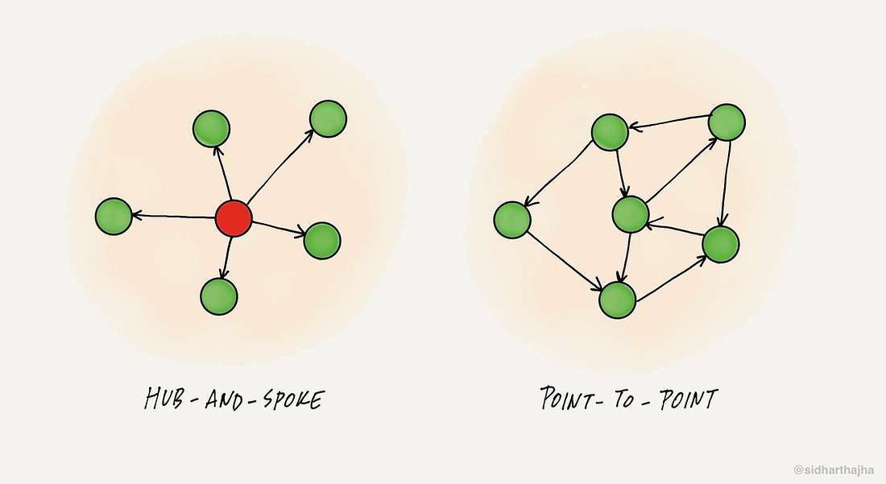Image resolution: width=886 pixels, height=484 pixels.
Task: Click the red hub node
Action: pos(234,218)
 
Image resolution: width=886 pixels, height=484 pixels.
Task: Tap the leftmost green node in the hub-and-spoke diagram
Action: pos(114,217)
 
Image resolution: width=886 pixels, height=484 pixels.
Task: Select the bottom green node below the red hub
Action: pos(218,296)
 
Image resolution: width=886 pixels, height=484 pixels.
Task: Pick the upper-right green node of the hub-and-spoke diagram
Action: pos(329,118)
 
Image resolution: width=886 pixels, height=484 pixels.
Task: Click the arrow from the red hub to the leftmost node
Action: pos(173,216)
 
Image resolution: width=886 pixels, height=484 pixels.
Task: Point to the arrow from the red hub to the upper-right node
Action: pos(280,166)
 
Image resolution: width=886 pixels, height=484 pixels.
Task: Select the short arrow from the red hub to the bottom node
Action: pos(227,258)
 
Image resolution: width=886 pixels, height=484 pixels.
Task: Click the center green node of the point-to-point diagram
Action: pos(630,214)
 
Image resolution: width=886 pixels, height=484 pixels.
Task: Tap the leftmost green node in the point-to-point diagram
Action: pos(512,220)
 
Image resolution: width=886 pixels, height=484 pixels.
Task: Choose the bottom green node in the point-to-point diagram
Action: pos(618,300)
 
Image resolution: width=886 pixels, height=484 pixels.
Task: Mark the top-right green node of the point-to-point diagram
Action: pos(727,122)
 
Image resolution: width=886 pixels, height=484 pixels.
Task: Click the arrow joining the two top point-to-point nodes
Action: pos(669,122)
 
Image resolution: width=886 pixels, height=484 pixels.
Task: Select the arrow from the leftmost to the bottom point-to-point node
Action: pos(565,262)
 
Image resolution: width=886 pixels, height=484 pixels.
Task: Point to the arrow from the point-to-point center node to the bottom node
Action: pos(625,258)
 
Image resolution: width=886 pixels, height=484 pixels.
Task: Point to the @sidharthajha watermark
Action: pos(834,470)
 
